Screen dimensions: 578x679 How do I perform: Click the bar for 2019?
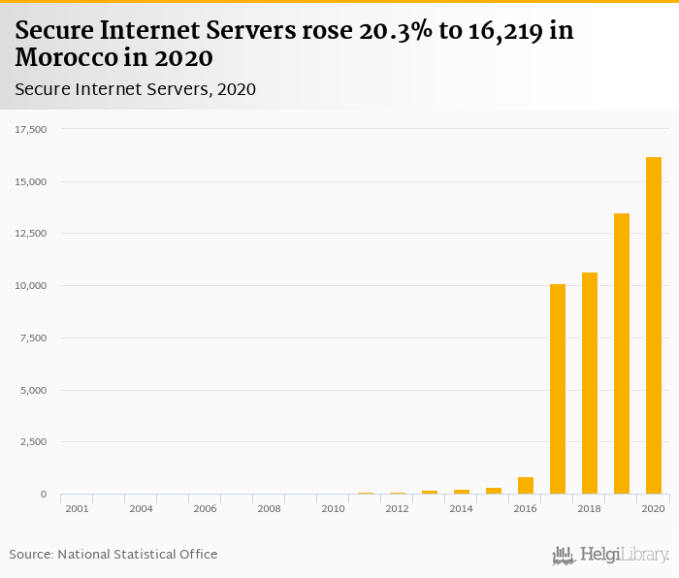[622, 354]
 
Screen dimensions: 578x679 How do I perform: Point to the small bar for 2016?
[526, 486]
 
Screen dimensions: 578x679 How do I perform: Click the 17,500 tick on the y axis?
[31, 129]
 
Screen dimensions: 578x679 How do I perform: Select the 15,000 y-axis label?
[31, 181]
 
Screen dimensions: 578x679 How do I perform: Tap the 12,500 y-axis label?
[31, 234]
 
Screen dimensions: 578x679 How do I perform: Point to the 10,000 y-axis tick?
[31, 286]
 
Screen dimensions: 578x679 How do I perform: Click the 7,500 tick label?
[34, 338]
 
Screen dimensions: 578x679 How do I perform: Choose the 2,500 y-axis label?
[34, 442]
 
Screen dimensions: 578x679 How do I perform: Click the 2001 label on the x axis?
[77, 508]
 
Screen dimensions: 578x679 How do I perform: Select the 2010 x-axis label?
[333, 508]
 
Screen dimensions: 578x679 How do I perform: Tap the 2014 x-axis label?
[461, 508]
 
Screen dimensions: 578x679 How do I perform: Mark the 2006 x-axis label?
[205, 508]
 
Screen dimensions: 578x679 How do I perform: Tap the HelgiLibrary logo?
[611, 556]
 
